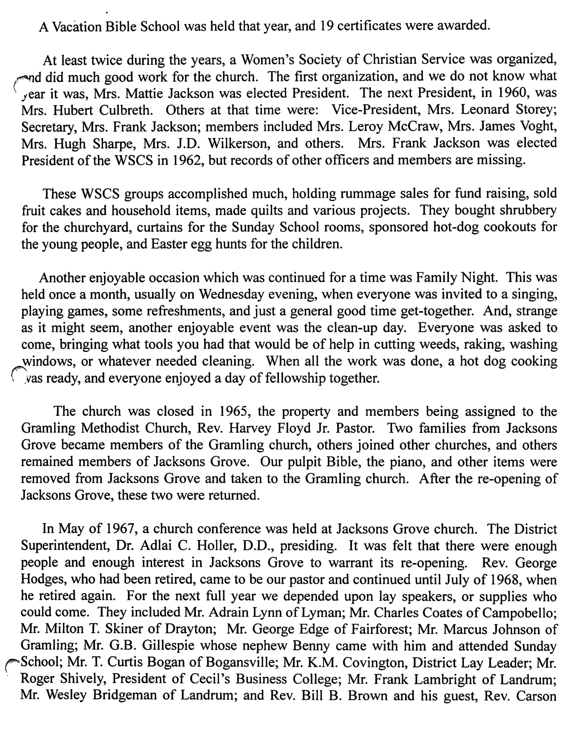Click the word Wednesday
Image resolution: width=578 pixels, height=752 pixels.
point(232,294)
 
